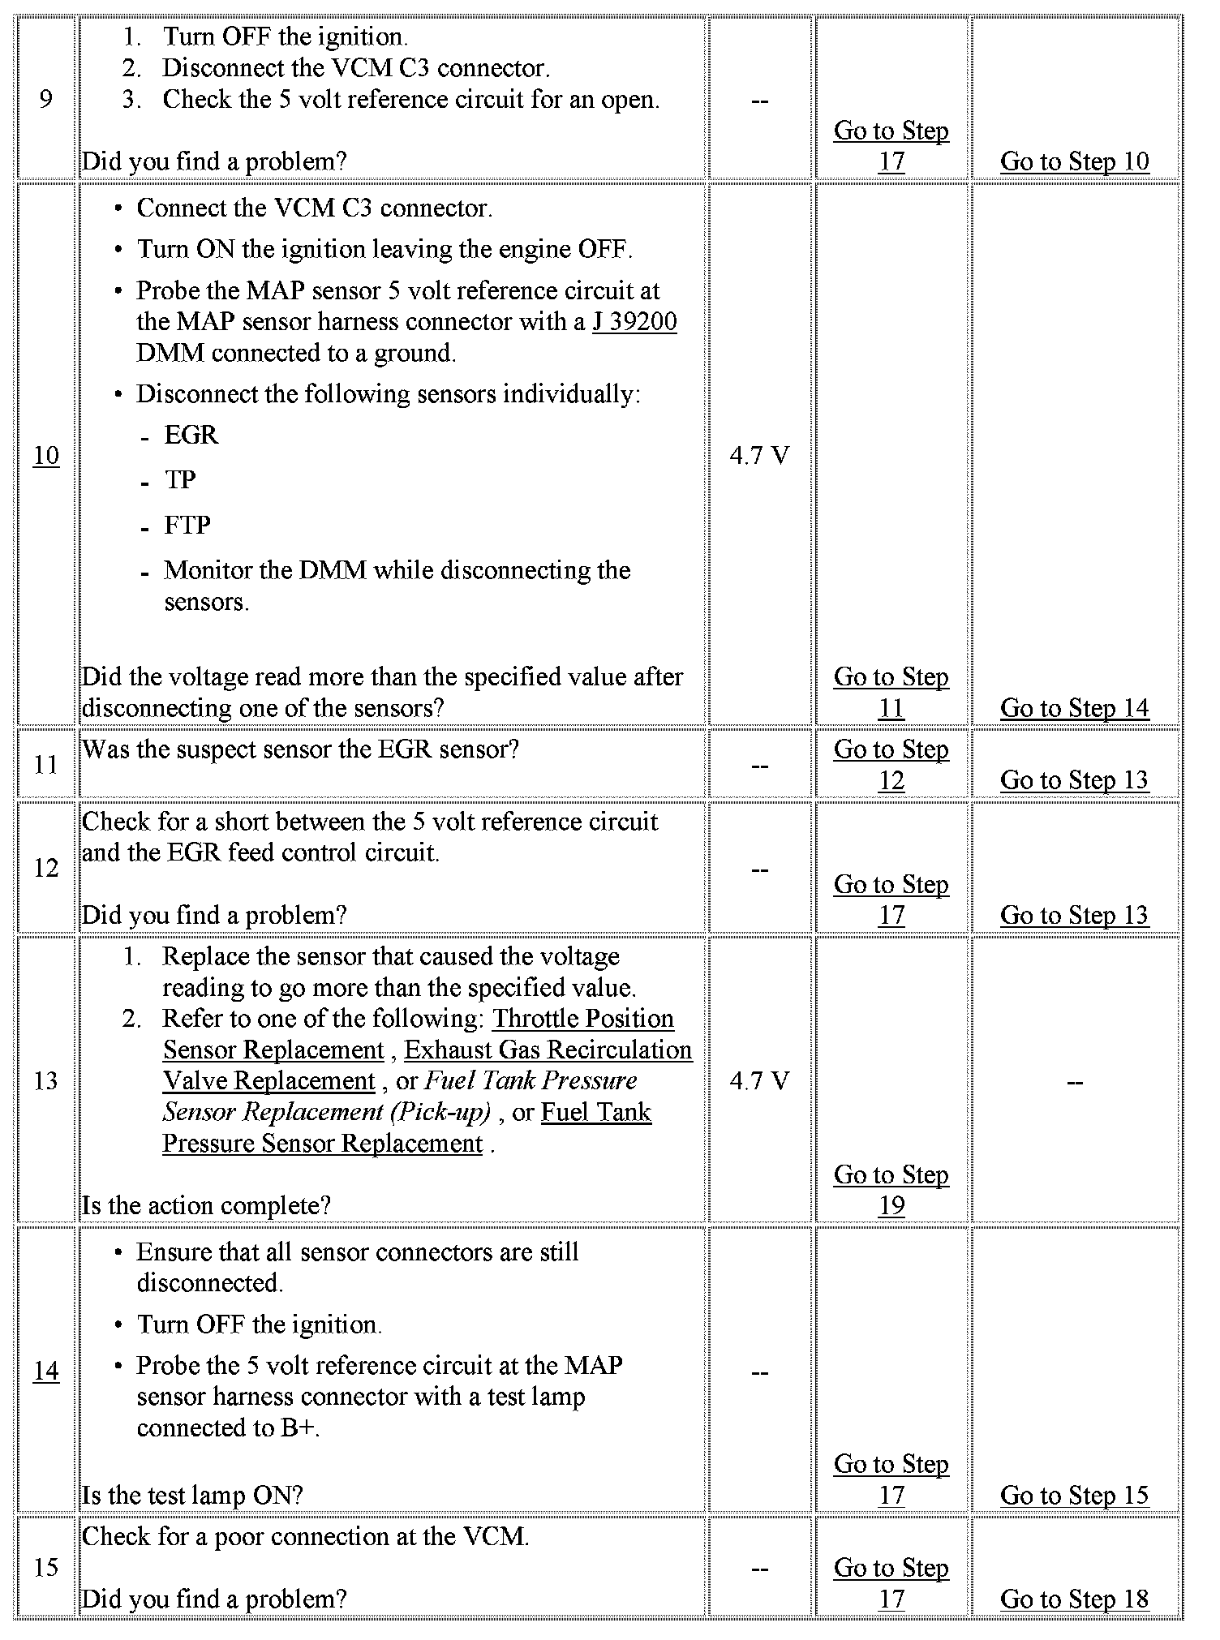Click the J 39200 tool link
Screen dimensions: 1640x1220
coord(634,322)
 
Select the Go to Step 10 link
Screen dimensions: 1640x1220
coord(1074,161)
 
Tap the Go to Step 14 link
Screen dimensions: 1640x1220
coord(1074,708)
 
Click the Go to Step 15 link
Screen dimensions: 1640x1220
coord(1074,1495)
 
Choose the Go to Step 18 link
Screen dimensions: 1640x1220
coord(1074,1599)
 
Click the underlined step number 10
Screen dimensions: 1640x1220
coord(46,456)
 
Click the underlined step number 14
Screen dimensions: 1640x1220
coord(46,1371)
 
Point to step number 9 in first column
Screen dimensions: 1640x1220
coord(46,99)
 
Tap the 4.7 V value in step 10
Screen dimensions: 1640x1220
coord(759,456)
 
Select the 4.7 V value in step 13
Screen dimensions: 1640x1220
coord(759,1081)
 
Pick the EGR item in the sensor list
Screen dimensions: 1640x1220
coord(191,436)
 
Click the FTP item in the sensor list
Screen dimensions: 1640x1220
coord(187,526)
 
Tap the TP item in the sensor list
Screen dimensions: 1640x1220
coord(180,480)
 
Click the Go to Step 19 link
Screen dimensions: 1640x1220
coord(891,1190)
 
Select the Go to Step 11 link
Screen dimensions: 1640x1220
coord(891,692)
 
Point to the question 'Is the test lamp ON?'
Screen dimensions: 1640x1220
coord(192,1495)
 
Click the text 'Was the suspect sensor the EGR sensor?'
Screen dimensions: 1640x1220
coord(300,749)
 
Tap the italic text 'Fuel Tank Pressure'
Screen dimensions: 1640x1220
coord(531,1081)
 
